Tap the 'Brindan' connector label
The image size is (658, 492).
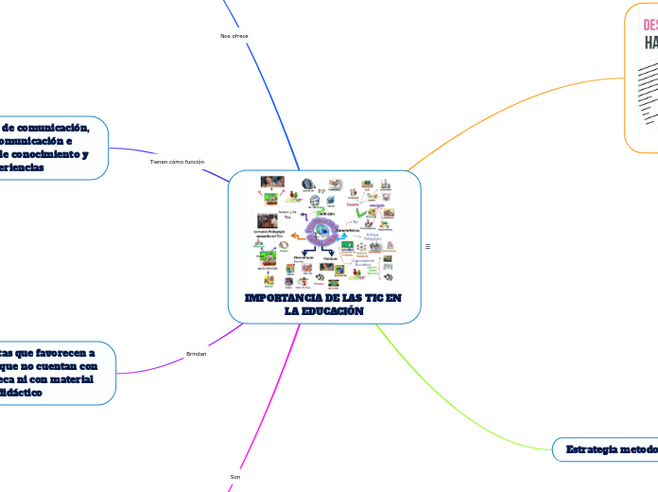click(196, 353)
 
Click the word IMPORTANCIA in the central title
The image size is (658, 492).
click(281, 298)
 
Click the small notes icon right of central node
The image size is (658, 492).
click(428, 247)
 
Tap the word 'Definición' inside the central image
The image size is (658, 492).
click(326, 214)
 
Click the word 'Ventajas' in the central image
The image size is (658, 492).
click(329, 258)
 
